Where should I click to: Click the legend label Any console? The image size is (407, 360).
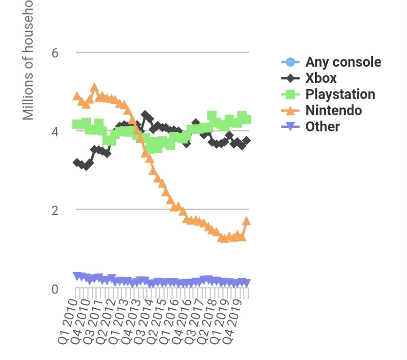coord(343,62)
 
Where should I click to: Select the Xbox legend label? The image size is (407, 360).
coord(321,78)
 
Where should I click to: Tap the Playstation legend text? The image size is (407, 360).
coord(340,94)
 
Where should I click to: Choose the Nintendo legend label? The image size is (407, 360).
coord(333,111)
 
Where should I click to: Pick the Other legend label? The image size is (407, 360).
coord(322,127)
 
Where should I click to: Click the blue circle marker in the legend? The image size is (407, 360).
coord(290,62)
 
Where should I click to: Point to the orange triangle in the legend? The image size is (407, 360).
coord(290,110)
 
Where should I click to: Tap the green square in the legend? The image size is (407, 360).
coord(290,94)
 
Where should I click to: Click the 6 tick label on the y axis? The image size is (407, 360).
coord(55,53)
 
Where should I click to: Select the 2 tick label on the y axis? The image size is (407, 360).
coord(55,210)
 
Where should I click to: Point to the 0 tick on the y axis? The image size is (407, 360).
coord(55,289)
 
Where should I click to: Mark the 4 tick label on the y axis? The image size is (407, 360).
coord(55,132)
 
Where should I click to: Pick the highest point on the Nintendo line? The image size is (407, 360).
coord(94,87)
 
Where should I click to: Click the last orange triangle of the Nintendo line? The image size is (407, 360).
coord(246,220)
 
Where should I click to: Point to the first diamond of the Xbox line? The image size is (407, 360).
coord(77,162)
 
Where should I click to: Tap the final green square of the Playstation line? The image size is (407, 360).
coord(246,120)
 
